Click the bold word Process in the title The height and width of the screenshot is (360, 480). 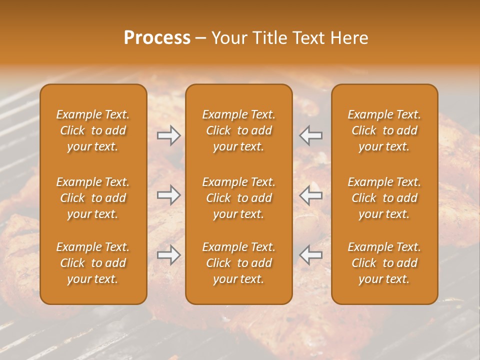point(157,38)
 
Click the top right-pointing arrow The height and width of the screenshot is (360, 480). point(168,135)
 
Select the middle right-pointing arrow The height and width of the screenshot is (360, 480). point(168,195)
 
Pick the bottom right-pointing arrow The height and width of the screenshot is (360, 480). point(168,255)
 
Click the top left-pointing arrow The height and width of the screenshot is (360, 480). point(311,135)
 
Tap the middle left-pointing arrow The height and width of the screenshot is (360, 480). point(311,195)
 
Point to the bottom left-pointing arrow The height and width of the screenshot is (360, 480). point(311,255)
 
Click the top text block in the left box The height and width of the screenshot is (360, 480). point(93,130)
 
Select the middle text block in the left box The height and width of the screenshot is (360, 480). point(93,198)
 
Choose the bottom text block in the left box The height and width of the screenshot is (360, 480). point(93,263)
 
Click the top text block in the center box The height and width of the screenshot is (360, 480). point(239,130)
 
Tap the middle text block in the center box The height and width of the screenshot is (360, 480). point(239,198)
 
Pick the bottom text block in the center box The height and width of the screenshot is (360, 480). point(239,263)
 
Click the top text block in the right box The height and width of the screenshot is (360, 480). point(384,130)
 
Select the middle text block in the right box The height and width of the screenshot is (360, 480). point(384,198)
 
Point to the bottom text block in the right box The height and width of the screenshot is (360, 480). point(384,263)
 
